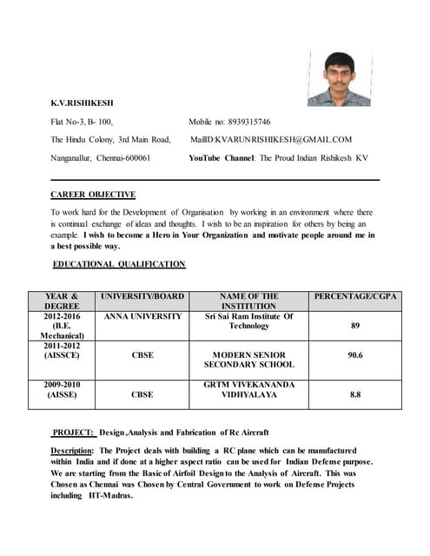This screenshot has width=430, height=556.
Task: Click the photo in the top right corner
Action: [x=338, y=78]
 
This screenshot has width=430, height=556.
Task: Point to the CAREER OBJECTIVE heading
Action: [x=93, y=195]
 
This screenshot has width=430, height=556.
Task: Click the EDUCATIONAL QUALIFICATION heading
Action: [x=119, y=263]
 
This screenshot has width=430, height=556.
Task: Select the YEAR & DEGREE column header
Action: [x=63, y=301]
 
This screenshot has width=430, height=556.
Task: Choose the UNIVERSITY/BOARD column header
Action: [x=142, y=296]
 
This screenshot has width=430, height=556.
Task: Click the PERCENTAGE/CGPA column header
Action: [x=355, y=296]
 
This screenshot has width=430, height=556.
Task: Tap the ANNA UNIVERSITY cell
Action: [x=142, y=316]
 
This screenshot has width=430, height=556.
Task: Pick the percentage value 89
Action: [x=355, y=326]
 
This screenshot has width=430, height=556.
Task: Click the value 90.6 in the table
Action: [x=355, y=355]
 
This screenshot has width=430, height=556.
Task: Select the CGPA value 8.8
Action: [x=355, y=394]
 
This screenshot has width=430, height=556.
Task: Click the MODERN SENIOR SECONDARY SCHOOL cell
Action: [x=249, y=360]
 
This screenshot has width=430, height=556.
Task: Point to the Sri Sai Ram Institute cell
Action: [x=249, y=321]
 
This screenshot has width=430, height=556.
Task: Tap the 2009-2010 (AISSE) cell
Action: [x=63, y=389]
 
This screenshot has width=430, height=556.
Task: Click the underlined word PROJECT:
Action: [x=73, y=432]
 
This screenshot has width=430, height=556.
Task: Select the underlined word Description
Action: [x=71, y=451]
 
